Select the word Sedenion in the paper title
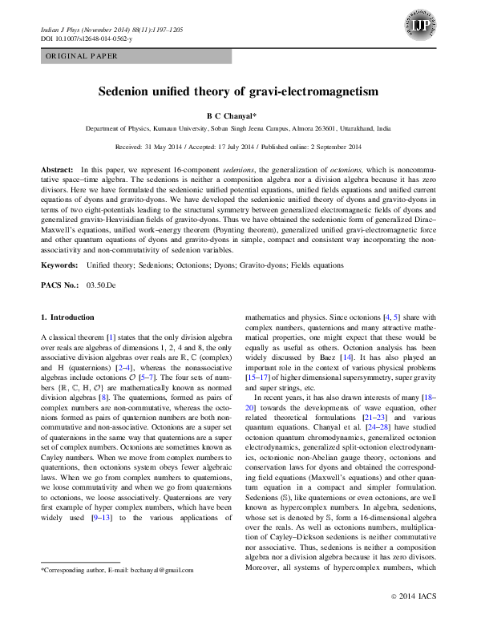pyautogui.click(x=128, y=92)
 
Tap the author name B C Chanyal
pyautogui.click(x=238, y=115)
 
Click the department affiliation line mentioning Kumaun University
pyautogui.click(x=238, y=128)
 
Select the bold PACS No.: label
pyautogui.click(x=59, y=285)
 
